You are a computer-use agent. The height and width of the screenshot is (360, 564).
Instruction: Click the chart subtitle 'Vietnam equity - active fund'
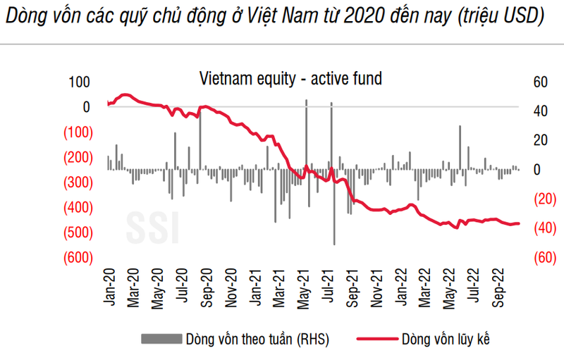290,78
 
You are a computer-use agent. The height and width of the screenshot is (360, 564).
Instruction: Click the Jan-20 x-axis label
109,287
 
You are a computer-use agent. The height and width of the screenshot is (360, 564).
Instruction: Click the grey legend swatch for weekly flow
161,340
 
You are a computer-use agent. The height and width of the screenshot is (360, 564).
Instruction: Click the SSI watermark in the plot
153,225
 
